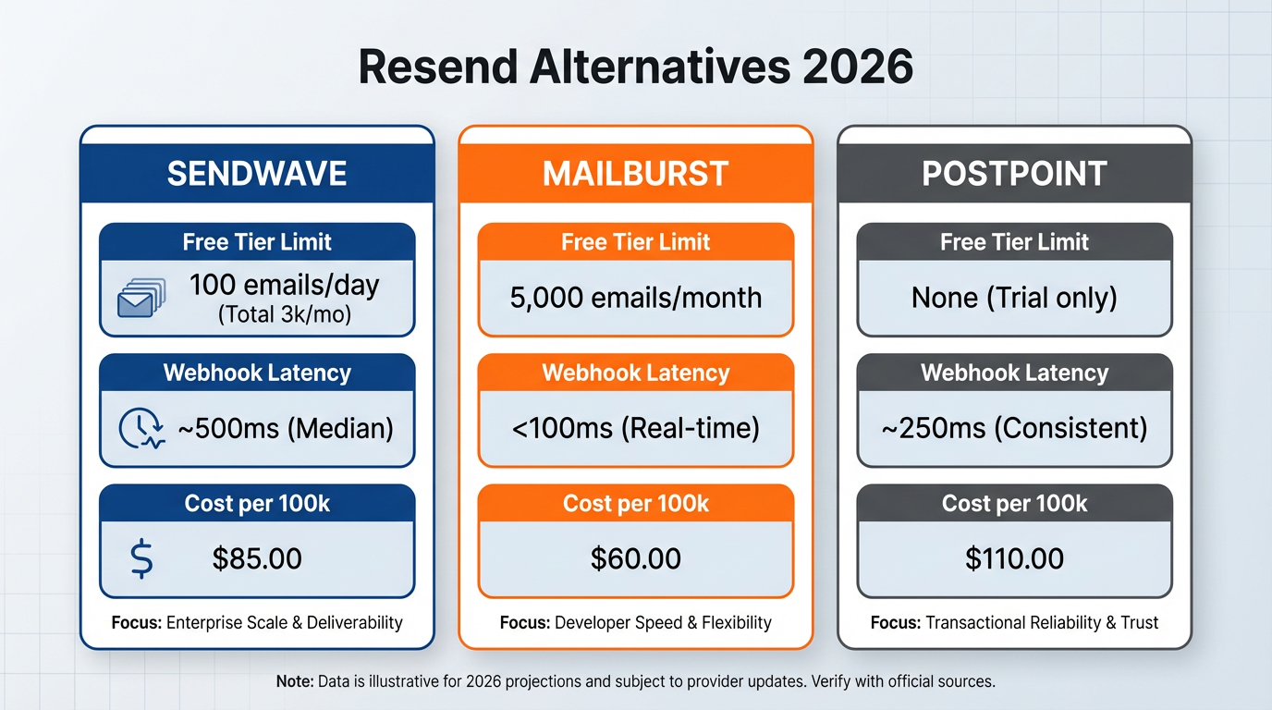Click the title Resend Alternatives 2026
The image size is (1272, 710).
coord(635,67)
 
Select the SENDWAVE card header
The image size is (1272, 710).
coord(257,174)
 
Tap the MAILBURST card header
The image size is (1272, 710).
coord(635,174)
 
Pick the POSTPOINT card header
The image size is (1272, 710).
coord(1014,174)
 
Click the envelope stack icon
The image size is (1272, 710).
coord(141,298)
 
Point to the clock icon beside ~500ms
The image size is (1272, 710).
coord(141,429)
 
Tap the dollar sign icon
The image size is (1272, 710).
coord(141,559)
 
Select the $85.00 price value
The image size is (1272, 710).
coord(257,558)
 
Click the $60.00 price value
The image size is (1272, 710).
coord(635,558)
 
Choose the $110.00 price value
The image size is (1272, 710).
coord(1014,558)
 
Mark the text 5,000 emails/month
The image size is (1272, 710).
coord(635,298)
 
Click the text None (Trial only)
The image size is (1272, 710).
coord(1014,298)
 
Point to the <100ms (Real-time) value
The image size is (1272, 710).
coord(635,428)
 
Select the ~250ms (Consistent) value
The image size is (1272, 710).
coord(1014,428)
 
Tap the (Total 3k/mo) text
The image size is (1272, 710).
coord(284,314)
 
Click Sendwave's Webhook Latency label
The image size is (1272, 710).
coord(257,373)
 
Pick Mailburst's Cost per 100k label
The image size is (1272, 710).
coord(635,504)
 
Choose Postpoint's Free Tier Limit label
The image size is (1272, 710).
coord(1014,242)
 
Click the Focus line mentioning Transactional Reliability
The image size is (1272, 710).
coord(1014,622)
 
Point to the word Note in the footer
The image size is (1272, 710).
coord(295,682)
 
